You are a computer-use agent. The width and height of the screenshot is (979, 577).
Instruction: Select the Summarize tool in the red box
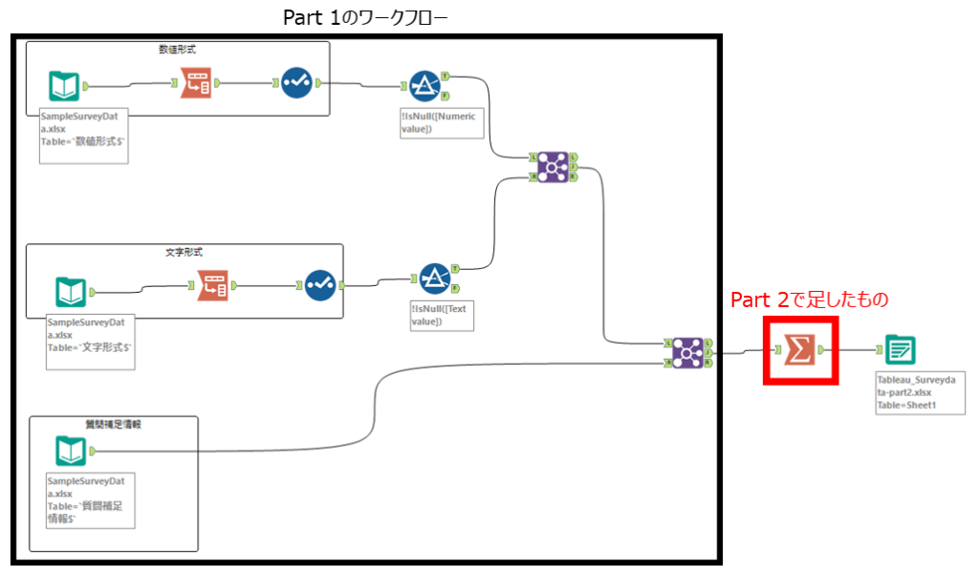[x=800, y=350]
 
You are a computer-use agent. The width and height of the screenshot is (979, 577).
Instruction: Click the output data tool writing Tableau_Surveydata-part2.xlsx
[x=900, y=350]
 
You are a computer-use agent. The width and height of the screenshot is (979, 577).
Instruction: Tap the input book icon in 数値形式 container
[x=64, y=86]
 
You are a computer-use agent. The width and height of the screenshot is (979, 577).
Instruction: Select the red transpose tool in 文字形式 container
[x=213, y=284]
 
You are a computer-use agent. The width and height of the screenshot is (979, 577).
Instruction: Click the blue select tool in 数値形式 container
[x=297, y=83]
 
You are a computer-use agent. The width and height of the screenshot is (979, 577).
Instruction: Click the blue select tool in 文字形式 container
[x=321, y=284]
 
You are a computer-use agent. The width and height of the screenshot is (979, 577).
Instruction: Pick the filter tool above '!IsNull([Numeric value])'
[x=424, y=86]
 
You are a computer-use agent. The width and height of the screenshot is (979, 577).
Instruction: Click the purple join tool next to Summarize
[x=686, y=353]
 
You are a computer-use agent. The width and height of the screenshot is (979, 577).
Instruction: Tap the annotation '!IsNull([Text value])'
[x=441, y=315]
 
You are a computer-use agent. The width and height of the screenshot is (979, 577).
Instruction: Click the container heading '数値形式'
[x=177, y=48]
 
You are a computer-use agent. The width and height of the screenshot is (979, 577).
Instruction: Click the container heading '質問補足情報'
[x=113, y=423]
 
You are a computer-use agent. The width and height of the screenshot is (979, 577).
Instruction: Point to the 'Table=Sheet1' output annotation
[x=906, y=406]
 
